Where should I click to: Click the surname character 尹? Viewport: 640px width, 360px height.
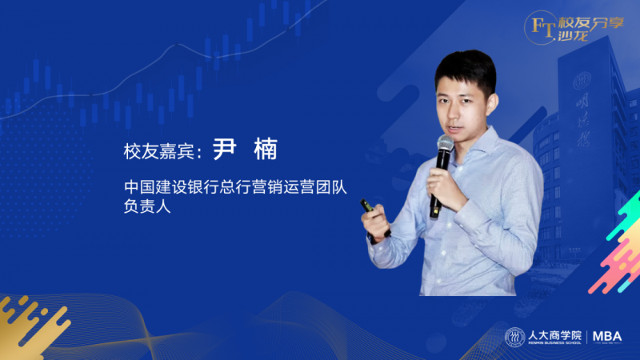tap(225, 149)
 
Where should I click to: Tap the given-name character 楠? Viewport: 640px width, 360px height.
tap(266, 149)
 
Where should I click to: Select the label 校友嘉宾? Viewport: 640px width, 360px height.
tap(158, 151)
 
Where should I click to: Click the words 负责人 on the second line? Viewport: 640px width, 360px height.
tap(147, 206)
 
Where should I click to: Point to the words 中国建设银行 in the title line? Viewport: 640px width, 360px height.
tap(164, 187)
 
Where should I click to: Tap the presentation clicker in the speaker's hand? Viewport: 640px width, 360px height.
tap(368, 206)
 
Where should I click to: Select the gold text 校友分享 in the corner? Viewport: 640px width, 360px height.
tap(591, 22)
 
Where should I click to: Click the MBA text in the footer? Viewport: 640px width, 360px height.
tap(607, 337)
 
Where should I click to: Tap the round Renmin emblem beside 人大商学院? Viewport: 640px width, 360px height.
tap(514, 337)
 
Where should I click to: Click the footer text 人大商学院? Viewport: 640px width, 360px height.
tap(554, 335)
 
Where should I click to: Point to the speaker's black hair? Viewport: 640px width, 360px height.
tap(466, 70)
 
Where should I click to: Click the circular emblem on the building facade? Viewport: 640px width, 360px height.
tap(582, 81)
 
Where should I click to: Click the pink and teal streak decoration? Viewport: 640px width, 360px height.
tap(616, 245)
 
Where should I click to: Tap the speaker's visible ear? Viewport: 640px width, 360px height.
tap(493, 104)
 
